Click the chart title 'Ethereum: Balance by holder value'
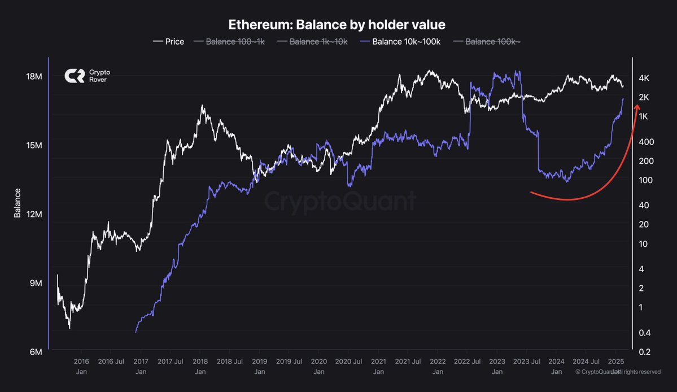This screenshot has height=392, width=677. pyautogui.click(x=337, y=25)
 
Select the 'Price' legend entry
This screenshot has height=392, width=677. pyautogui.click(x=168, y=41)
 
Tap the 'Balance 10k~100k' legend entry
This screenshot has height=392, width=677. pyautogui.click(x=400, y=41)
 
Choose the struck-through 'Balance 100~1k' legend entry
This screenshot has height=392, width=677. pyautogui.click(x=229, y=41)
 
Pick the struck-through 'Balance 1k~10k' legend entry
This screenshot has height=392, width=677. pyautogui.click(x=312, y=41)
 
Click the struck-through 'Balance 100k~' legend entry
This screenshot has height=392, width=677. pyautogui.click(x=487, y=41)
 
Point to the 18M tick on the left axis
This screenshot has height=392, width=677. pyautogui.click(x=34, y=76)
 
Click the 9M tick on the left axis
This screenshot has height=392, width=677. pyautogui.click(x=36, y=283)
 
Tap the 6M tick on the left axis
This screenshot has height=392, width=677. pyautogui.click(x=36, y=352)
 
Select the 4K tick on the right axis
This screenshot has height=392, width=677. pyautogui.click(x=644, y=78)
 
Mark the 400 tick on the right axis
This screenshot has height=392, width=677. pyautogui.click(x=647, y=142)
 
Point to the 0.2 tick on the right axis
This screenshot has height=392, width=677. pyautogui.click(x=645, y=352)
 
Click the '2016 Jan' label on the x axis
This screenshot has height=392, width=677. pyautogui.click(x=81, y=367)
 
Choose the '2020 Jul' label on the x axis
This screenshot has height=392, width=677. pyautogui.click(x=348, y=361)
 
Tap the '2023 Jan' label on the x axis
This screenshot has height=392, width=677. pyautogui.click(x=497, y=367)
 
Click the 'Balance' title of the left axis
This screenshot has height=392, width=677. pyautogui.click(x=18, y=203)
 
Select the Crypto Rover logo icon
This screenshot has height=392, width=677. pyautogui.click(x=75, y=76)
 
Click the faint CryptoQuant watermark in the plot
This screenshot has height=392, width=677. pyautogui.click(x=340, y=201)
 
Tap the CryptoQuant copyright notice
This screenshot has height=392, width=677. pyautogui.click(x=617, y=372)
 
